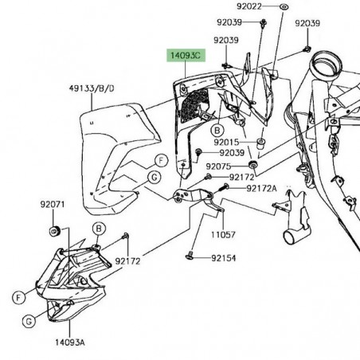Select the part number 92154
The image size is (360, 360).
225,259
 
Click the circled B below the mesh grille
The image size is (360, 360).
215,129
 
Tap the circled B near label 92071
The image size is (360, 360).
98,229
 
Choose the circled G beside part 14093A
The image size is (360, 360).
28,321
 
